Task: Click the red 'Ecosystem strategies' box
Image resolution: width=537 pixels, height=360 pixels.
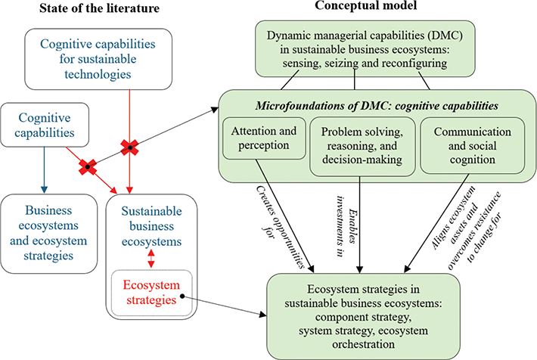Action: pos(152,291)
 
